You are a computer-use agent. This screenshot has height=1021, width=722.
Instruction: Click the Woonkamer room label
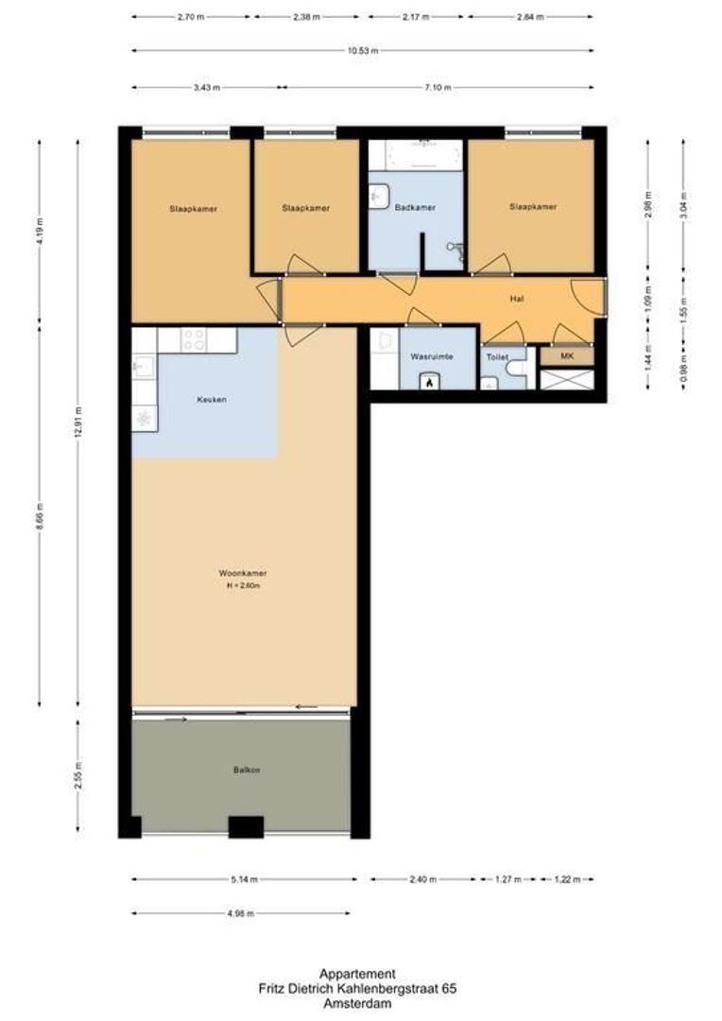[242, 573]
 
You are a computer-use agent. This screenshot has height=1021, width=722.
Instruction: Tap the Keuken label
[211, 400]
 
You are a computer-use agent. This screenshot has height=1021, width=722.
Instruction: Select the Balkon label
[246, 770]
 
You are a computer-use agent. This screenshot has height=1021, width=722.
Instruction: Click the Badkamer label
[415, 208]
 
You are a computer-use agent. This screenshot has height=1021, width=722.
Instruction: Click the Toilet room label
[497, 357]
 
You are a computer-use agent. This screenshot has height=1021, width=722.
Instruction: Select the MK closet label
[567, 356]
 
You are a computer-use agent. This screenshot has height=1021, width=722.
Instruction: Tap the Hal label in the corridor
[516, 299]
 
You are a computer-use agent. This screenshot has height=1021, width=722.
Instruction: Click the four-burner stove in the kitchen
[194, 338]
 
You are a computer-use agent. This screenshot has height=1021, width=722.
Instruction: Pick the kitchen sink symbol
[144, 365]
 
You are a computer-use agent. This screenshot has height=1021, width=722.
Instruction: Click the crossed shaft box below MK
[567, 379]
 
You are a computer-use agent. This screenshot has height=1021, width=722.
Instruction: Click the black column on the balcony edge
[246, 827]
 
